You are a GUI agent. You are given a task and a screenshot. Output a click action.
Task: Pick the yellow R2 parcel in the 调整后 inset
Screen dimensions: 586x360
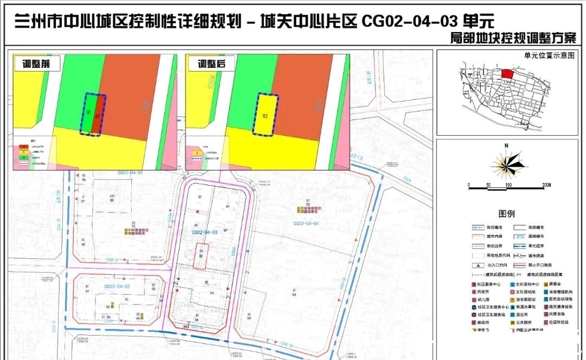coord(265,115)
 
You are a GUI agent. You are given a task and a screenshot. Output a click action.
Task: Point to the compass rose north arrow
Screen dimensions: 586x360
coord(506,162)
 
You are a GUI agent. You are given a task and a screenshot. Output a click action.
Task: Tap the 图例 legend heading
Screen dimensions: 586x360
coord(506,214)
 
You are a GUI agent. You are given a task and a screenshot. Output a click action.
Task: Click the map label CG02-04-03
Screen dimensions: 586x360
coord(205,232)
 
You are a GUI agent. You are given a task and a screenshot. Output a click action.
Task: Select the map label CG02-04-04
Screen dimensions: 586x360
coord(305,223)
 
